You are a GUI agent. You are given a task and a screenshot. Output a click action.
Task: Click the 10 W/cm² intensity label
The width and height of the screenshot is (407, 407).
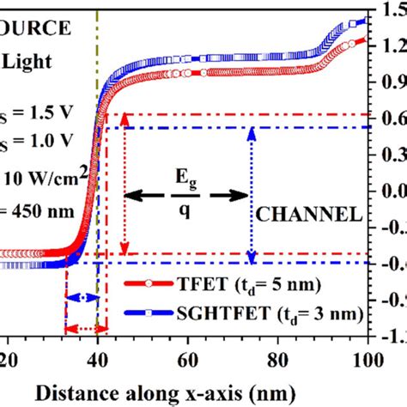39,178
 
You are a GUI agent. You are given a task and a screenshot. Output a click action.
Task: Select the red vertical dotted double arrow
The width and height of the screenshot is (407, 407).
125,185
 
